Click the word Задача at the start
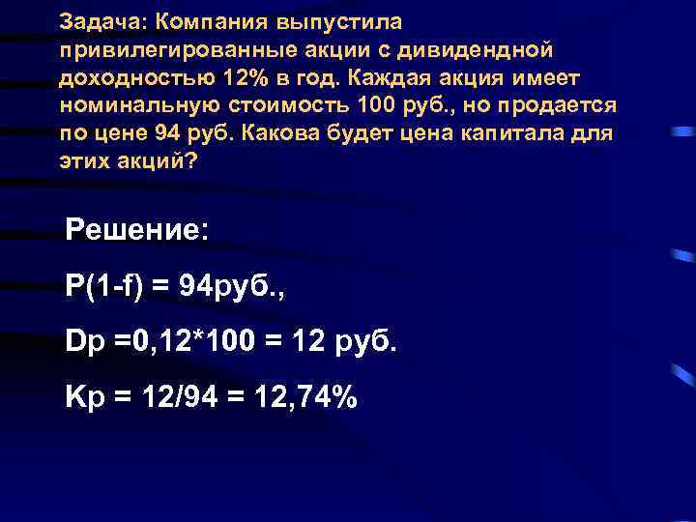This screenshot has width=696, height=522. point(94,20)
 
